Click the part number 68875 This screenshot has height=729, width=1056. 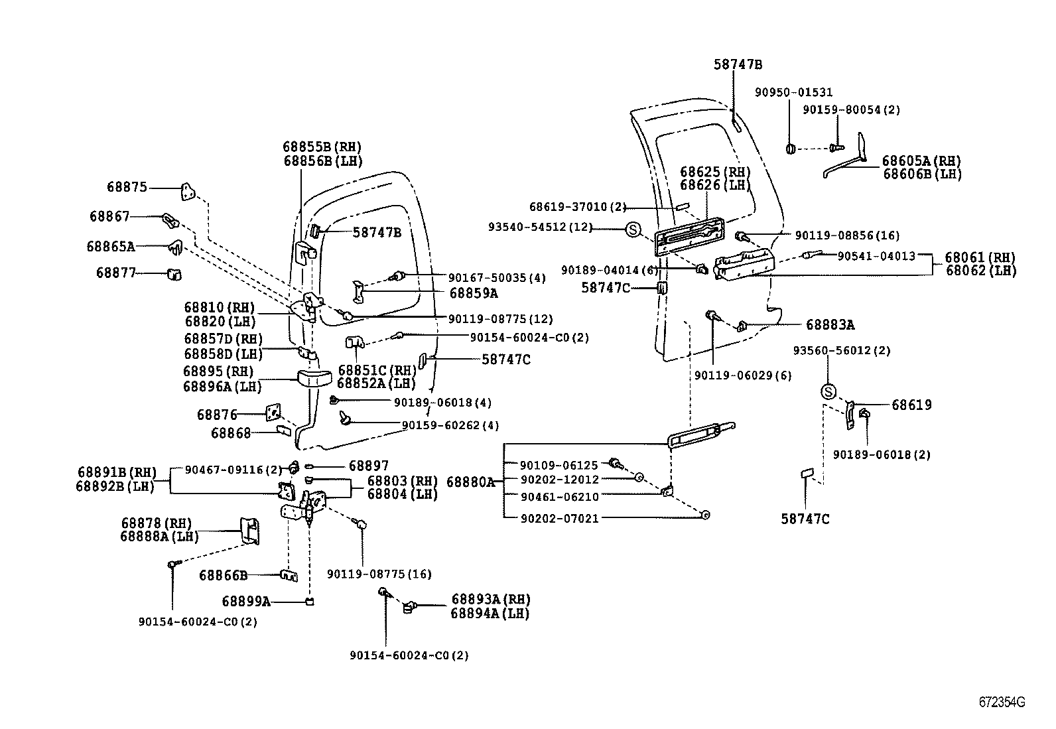[x=127, y=188]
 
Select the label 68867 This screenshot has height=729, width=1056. [x=109, y=216]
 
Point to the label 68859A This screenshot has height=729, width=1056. [x=473, y=293]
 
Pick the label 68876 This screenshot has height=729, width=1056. [x=217, y=415]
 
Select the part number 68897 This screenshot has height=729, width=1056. [x=369, y=466]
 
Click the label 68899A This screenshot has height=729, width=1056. [x=245, y=602]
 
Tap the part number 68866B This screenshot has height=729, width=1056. [x=223, y=576]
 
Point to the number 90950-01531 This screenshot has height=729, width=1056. [x=793, y=93]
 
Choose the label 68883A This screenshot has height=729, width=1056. [x=830, y=325]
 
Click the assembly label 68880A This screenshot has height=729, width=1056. [x=470, y=482]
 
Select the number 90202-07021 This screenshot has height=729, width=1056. [x=559, y=518]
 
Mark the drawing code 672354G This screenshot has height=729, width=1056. [x=1002, y=702]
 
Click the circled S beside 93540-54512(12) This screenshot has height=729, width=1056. [x=633, y=230]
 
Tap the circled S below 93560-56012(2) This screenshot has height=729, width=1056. [x=828, y=392]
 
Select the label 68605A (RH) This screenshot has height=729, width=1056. [x=921, y=161]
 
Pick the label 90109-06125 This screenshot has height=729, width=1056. [x=559, y=465]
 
